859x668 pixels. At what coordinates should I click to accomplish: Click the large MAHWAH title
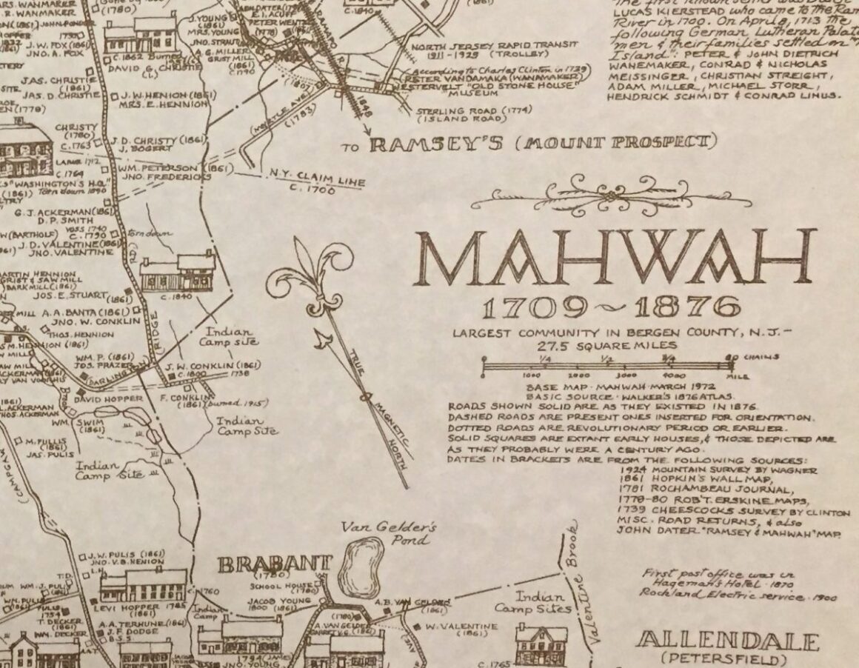pos(615,258)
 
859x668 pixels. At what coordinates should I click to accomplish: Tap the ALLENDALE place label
pos(728,641)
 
